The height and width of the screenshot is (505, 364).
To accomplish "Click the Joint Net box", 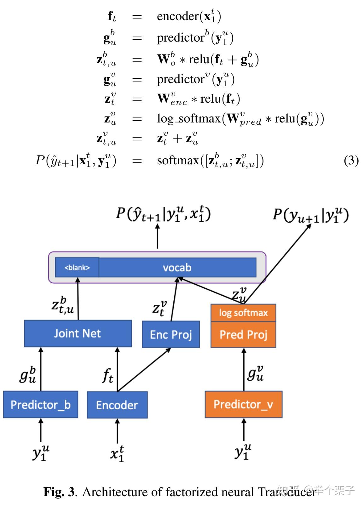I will [x=78, y=334].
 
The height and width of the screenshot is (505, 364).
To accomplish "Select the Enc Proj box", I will [x=171, y=334].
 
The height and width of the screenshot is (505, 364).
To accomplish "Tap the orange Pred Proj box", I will [x=243, y=335].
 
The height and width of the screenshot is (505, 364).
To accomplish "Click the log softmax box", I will [x=243, y=313].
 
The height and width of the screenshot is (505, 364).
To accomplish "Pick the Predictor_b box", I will [x=40, y=405].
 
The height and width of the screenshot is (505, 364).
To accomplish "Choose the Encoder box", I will [x=117, y=405].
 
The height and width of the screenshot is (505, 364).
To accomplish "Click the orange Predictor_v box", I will [x=243, y=405].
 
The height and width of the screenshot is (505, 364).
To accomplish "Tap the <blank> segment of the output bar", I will [x=77, y=268].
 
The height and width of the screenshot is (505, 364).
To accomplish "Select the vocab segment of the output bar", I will [x=177, y=268].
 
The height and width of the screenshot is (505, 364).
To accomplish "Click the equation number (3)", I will [x=351, y=161].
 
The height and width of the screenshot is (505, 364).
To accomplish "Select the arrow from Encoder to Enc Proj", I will [x=144, y=370].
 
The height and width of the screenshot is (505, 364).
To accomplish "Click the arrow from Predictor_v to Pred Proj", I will [x=243, y=369].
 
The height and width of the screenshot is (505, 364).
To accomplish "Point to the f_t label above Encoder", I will [x=108, y=375].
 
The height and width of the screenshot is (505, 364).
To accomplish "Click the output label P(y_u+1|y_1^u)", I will [x=310, y=216].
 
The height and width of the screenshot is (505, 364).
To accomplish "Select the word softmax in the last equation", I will [x=178, y=161].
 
